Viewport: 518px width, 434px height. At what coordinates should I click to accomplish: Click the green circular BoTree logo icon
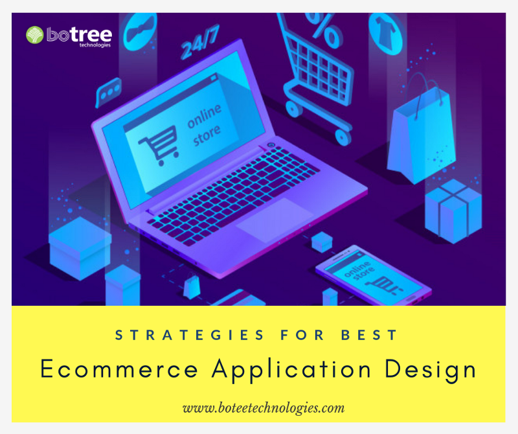click(35, 34)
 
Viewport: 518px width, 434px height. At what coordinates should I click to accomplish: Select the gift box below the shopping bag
click(453, 211)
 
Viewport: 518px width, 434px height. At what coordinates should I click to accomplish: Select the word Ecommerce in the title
click(118, 370)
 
